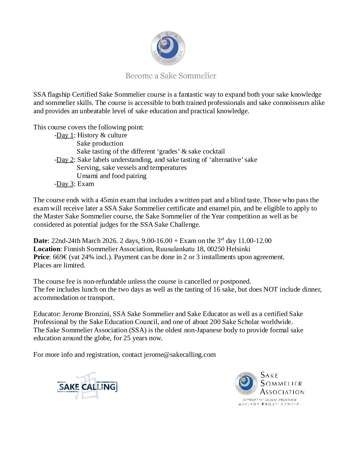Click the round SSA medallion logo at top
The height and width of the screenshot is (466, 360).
[x=168, y=48]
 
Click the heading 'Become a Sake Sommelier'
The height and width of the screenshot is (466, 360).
[x=171, y=76]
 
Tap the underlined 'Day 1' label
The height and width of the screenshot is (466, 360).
[x=65, y=135]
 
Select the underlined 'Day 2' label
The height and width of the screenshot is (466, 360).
[x=65, y=160]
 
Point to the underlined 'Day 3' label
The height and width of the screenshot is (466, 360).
[x=65, y=184]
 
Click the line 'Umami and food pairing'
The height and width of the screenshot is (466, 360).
[x=112, y=176]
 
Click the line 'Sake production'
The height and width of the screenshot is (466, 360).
[x=100, y=143]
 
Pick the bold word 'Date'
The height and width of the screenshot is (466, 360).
[x=40, y=241]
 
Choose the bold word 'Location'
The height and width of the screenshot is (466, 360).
[x=47, y=249]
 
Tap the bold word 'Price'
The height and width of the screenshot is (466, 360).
[x=41, y=257]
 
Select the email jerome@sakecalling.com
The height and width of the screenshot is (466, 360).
[x=180, y=354]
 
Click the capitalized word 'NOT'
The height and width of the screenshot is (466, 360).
[x=270, y=289]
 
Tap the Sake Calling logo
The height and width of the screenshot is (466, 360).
[x=87, y=386]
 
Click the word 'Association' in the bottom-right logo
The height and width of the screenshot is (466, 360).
[x=282, y=392]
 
